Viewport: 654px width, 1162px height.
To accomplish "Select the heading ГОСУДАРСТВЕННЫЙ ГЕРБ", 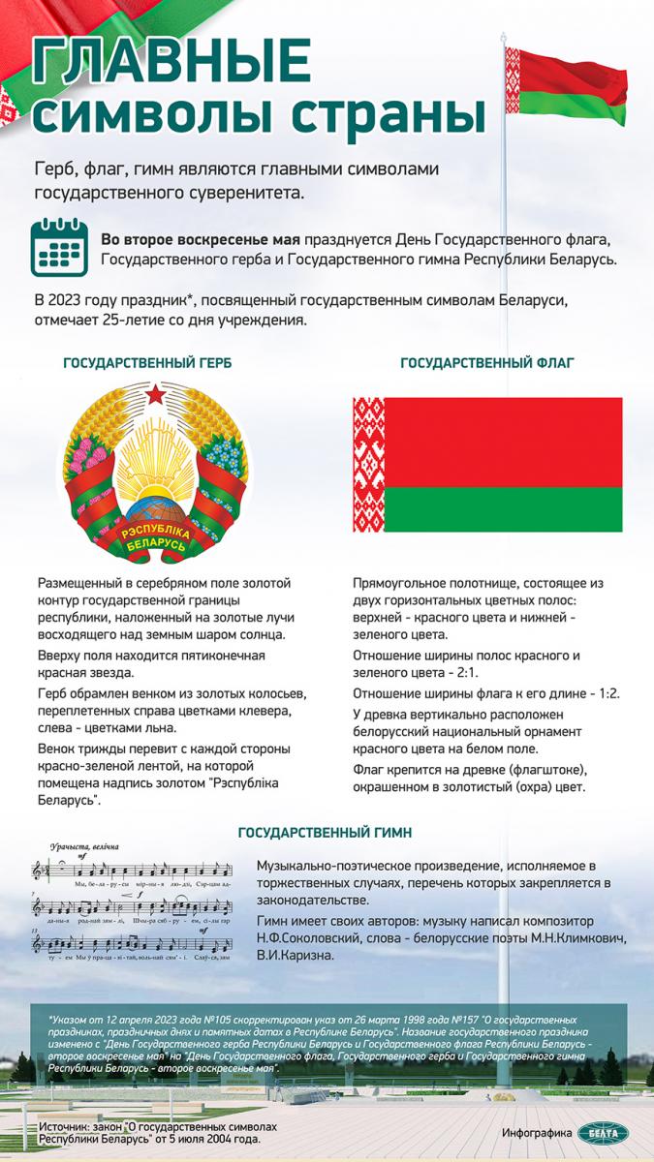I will click(147, 363).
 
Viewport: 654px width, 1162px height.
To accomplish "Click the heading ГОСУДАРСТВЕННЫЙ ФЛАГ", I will click(486, 363).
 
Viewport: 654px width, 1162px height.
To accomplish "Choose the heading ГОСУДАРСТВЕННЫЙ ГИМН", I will click(325, 832).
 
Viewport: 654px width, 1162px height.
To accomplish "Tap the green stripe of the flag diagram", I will click(504, 509).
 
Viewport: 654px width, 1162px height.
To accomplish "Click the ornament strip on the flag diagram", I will click(368, 464).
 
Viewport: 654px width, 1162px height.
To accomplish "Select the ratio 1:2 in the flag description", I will click(605, 693).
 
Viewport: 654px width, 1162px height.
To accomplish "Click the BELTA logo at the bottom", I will click(603, 1133).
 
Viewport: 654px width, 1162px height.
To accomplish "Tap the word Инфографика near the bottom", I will click(536, 1133).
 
